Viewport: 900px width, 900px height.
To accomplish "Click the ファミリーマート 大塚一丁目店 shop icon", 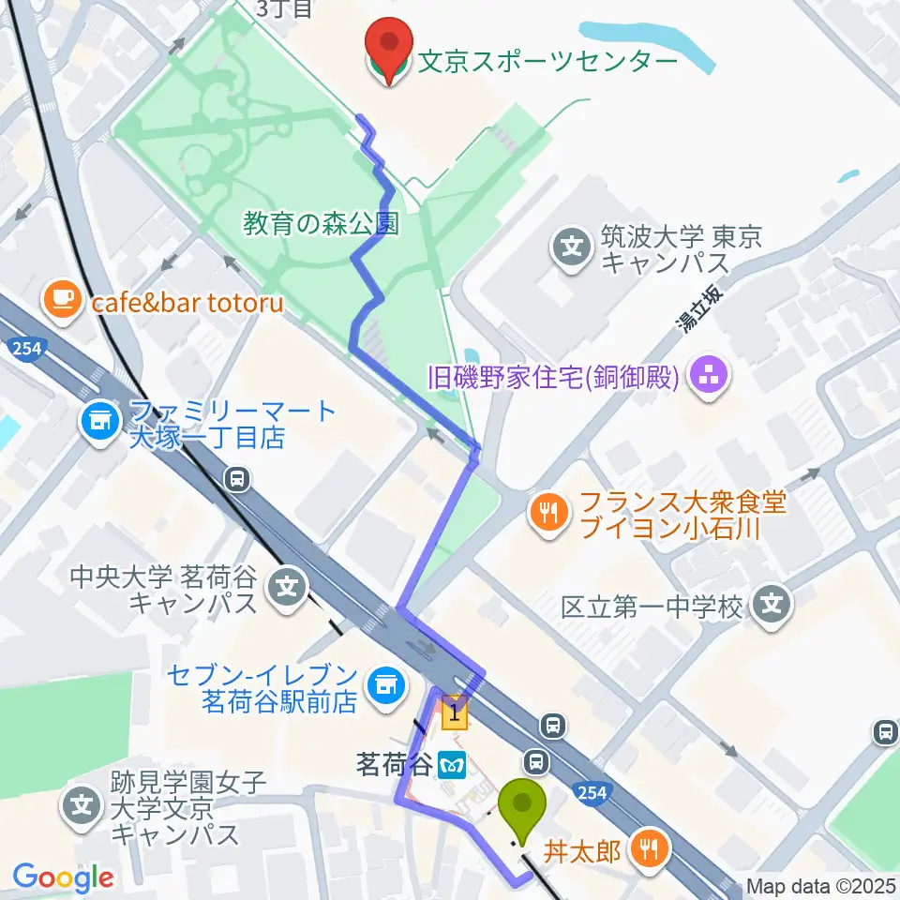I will coord(99,423).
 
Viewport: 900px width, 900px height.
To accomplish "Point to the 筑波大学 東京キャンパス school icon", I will coord(572,247).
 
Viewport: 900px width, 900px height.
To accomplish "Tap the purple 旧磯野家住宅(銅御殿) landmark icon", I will coord(703,378).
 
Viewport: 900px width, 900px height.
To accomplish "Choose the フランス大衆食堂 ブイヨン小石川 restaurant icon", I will coord(548,513).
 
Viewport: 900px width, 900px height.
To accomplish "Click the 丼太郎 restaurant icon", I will coord(648,850).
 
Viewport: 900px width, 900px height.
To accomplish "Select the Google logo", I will coord(64,877).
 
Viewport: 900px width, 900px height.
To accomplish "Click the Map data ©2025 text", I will coord(820,886).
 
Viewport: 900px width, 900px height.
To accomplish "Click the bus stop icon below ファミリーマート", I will coord(238,480).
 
